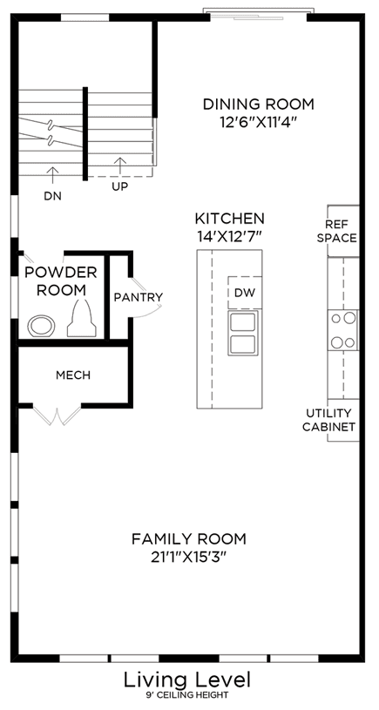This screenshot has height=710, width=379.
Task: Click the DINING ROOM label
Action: [x=258, y=105]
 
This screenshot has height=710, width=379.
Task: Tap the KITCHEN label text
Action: [x=229, y=219]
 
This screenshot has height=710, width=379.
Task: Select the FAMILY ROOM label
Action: [x=189, y=539]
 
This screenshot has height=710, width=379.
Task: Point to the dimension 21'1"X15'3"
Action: [x=189, y=557]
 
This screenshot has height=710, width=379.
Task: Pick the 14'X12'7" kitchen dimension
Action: [x=229, y=236]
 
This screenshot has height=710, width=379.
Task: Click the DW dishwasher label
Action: [x=245, y=293]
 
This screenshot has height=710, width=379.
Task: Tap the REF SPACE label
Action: [x=343, y=231]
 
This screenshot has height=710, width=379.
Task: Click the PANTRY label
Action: [x=139, y=297]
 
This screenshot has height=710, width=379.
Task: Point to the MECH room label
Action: [x=73, y=375]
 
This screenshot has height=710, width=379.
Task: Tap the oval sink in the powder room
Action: [x=41, y=326]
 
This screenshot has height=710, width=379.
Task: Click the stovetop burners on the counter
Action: [x=343, y=330]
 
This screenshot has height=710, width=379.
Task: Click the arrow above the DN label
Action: [x=53, y=175]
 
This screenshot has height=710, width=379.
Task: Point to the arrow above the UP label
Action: [x=120, y=166]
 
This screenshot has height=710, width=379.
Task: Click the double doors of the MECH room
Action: [x=57, y=416]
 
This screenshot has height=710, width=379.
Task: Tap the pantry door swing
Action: [x=147, y=296]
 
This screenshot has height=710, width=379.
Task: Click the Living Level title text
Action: [x=187, y=680]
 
